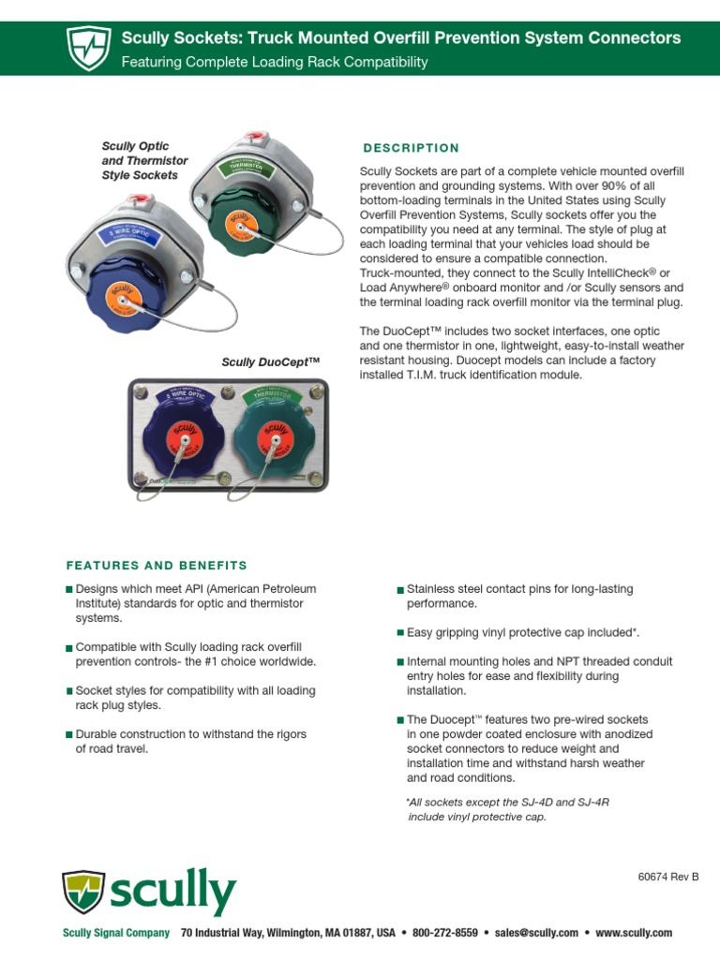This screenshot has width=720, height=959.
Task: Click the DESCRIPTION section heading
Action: pyautogui.click(x=411, y=148)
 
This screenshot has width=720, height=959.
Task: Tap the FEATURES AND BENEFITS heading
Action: pyautogui.click(x=157, y=566)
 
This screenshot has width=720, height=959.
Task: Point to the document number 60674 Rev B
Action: pyautogui.click(x=667, y=878)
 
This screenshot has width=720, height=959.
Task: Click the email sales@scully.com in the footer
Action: pyautogui.click(x=536, y=933)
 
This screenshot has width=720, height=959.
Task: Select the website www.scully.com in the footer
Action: pyautogui.click(x=634, y=933)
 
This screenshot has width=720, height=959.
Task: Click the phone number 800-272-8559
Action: pyautogui.click(x=444, y=933)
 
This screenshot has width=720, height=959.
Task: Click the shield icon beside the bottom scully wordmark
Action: pyautogui.click(x=83, y=892)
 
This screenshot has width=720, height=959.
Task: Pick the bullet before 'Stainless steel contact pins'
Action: pyautogui.click(x=400, y=590)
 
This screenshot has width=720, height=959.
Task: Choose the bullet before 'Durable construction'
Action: pyautogui.click(x=68, y=735)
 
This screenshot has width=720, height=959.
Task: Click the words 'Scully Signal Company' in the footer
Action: pyautogui.click(x=116, y=933)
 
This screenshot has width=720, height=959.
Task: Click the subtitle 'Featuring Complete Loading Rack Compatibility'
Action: pyautogui.click(x=275, y=63)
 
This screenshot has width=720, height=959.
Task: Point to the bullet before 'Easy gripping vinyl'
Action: pyautogui.click(x=400, y=634)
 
